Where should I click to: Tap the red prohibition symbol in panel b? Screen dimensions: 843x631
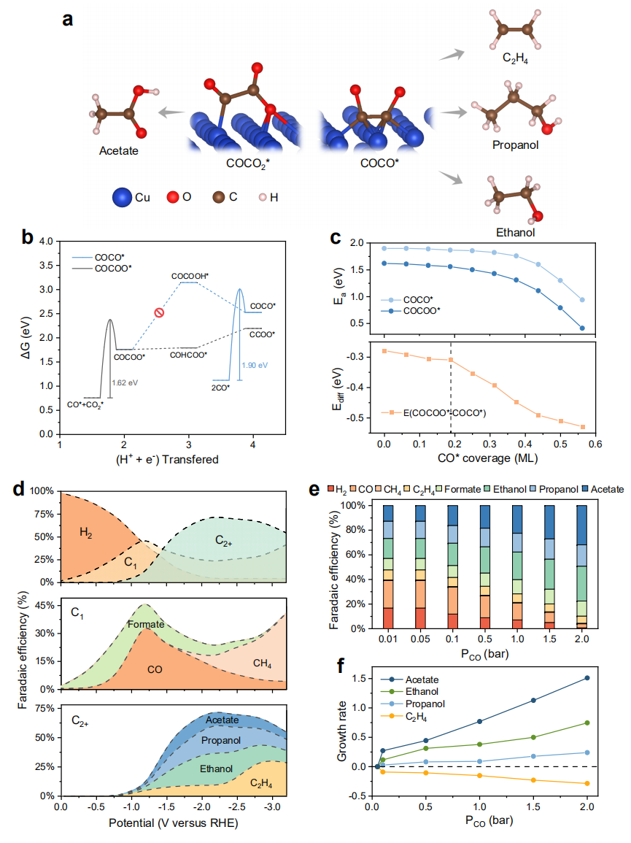pos(159,313)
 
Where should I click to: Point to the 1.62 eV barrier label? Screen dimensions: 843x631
pos(125,380)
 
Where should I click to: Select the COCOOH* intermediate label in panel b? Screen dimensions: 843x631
pos(190,276)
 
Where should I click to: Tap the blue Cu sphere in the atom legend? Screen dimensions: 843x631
pos(122,196)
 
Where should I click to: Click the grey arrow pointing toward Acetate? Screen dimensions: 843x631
pos(172,112)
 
